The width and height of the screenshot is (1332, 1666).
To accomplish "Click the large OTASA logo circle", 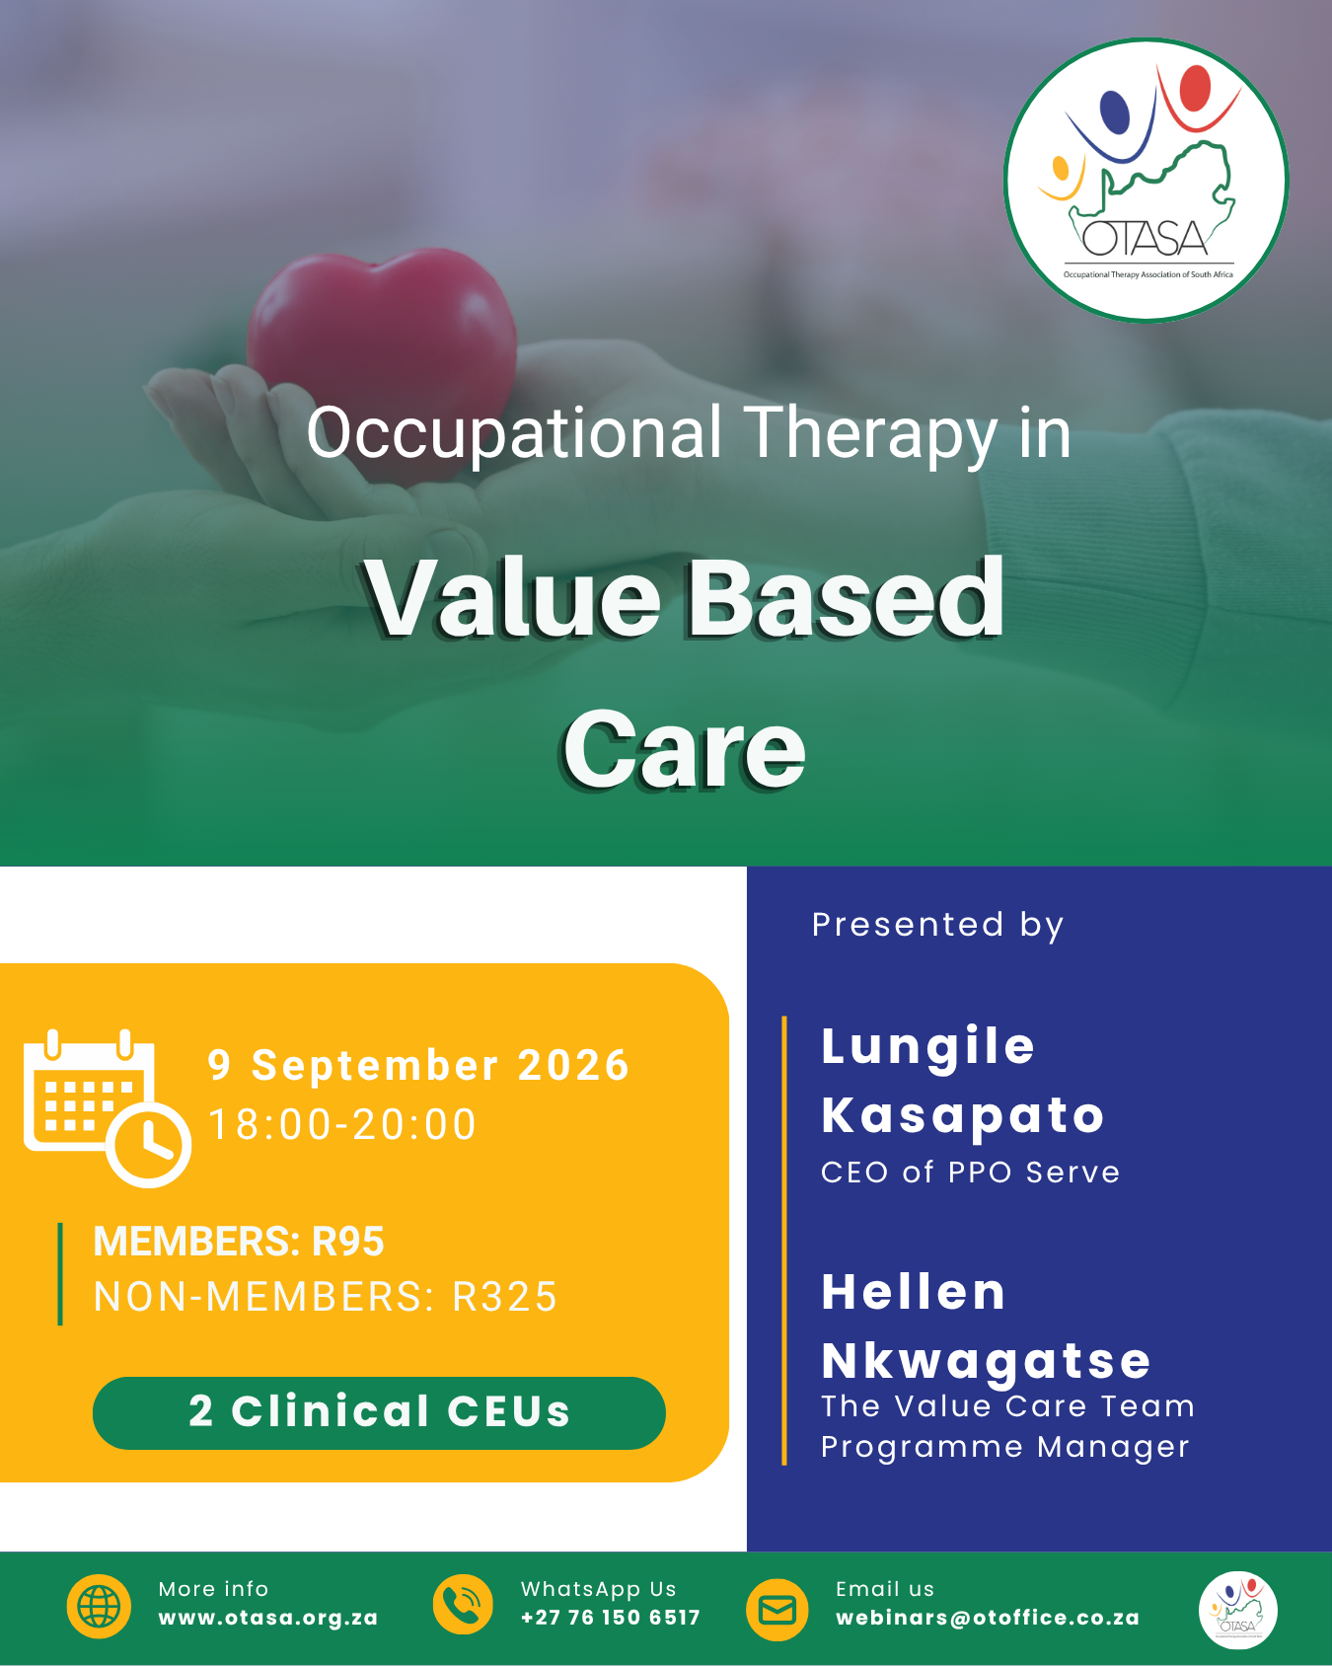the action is point(1147,181).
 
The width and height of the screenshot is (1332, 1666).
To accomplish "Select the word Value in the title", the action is point(513,598).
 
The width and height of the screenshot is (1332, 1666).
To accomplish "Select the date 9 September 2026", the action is point(418,1066).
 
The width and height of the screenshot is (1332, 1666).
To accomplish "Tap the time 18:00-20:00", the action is point(342,1125).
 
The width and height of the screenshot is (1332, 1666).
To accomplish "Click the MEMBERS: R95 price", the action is point(239,1242).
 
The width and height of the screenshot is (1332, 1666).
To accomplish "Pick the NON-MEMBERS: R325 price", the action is point(326,1297).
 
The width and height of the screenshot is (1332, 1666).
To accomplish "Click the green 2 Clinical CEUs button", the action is point(379,1413).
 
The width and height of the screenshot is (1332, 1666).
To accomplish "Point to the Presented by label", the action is point(938,926).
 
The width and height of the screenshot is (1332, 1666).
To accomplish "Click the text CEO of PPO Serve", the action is point(971,1173).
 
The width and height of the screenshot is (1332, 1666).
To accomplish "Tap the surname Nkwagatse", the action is point(987,1362).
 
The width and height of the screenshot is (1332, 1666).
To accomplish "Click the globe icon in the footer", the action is point(99,1607).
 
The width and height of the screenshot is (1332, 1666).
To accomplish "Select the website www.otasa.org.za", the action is point(268,1619).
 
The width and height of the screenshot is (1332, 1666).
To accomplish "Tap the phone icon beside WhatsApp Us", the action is point(463,1605).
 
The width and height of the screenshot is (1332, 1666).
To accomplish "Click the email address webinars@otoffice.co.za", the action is point(988,1619).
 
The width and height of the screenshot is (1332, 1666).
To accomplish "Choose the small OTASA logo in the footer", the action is point(1238,1611).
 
